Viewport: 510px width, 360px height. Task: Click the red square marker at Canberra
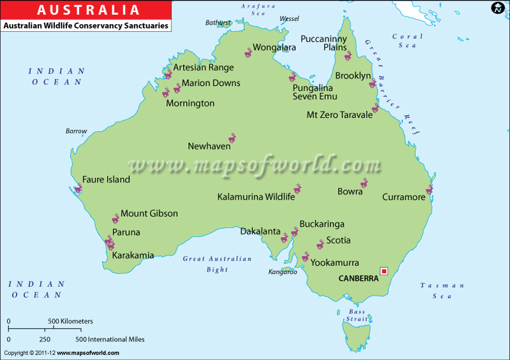[384, 271]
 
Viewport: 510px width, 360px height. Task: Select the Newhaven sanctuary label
[209, 147]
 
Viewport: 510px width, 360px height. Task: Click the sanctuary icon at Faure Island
[78, 188]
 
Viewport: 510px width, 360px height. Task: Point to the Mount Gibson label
[149, 213]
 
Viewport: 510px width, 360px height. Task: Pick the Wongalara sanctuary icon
[249, 53]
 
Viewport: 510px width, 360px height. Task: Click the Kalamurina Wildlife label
[256, 197]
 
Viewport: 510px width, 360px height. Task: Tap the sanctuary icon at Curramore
[430, 189]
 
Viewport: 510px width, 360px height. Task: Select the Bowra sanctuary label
[350, 191]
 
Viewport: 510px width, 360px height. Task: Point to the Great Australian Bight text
[217, 264]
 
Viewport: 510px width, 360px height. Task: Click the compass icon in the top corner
[498, 8]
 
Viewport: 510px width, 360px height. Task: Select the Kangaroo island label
[282, 272]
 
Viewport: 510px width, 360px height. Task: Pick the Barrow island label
[76, 131]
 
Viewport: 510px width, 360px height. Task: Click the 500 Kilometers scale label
[71, 321]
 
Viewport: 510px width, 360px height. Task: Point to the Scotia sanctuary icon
[320, 245]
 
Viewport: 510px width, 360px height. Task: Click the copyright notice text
[62, 353]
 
